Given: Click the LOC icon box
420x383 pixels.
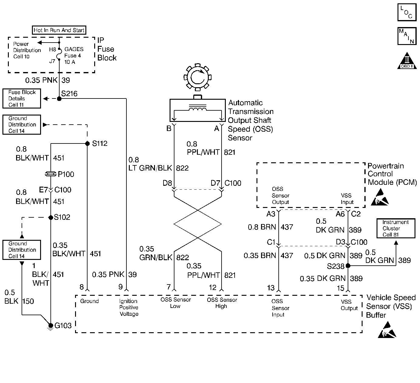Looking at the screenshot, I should click(407, 12).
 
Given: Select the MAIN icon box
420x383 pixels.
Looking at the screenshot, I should click(407, 36).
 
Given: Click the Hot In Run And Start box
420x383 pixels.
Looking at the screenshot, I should click(59, 30).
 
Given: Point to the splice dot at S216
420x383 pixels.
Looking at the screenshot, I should click(59, 98).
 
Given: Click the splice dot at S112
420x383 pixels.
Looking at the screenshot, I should click(87, 143).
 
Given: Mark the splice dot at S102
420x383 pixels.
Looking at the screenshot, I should click(51, 217).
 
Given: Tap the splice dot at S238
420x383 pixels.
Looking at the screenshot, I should click(348, 266).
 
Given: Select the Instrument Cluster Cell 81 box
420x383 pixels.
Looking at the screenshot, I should click(395, 228).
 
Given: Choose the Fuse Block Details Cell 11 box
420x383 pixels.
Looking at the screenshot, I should click(22, 98).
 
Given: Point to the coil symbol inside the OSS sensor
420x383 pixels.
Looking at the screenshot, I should click(198, 109).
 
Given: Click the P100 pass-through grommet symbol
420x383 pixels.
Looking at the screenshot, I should click(51, 174).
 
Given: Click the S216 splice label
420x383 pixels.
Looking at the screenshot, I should click(69, 94).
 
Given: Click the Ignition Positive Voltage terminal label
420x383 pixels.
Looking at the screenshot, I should click(129, 307).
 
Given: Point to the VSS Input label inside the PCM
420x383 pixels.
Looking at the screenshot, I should click(346, 199).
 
